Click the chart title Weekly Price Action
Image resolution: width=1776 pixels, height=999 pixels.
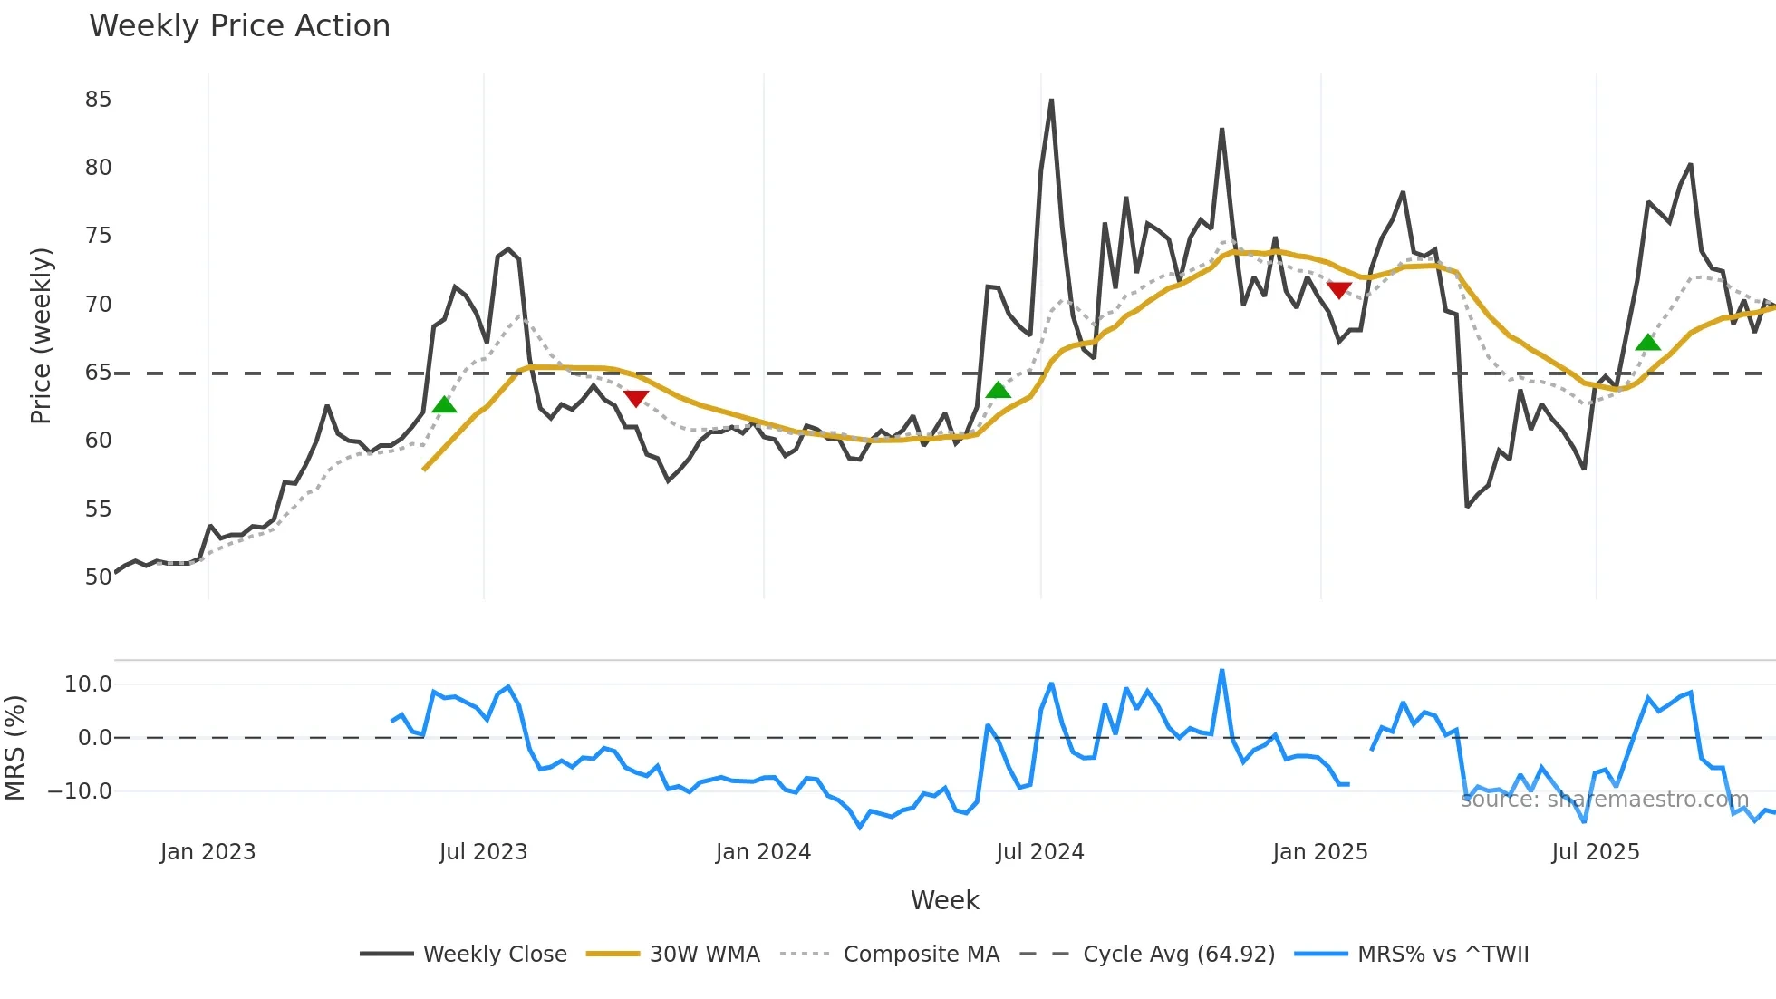pos(239,26)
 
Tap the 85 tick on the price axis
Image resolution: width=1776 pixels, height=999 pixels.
pos(98,100)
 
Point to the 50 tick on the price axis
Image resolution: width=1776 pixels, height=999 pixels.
pos(98,577)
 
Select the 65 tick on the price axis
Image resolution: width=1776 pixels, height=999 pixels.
pos(98,373)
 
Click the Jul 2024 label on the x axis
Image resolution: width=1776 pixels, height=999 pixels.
pos(1039,852)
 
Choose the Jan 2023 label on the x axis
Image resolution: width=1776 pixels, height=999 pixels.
pos(208,852)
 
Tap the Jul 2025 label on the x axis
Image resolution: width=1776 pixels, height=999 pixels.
pos(1595,852)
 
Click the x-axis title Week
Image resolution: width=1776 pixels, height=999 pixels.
pos(944,900)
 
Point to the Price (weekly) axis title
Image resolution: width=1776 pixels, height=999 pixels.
pos(41,335)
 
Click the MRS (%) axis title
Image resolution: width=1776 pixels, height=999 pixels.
pos(14,748)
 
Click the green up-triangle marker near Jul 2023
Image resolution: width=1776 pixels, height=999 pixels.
pos(444,404)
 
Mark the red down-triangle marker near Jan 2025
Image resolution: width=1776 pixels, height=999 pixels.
pos(1338,290)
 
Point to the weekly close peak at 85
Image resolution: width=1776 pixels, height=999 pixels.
pos(1051,101)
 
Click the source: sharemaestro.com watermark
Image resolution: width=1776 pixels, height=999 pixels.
pos(1604,800)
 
